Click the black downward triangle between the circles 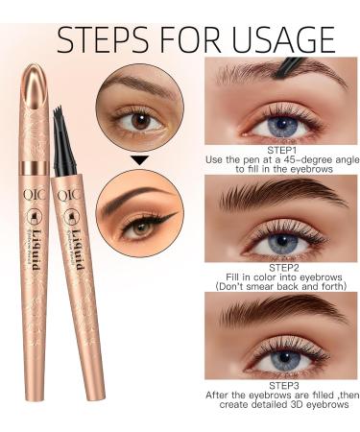[140, 160]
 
